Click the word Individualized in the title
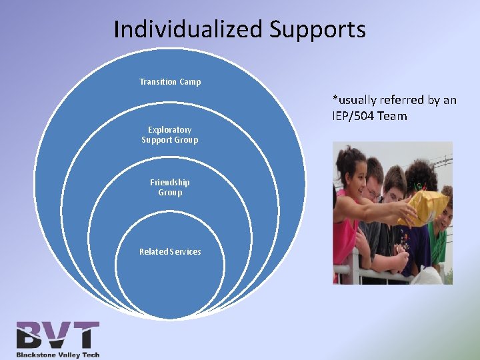tap(188, 30)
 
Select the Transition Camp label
tap(170, 82)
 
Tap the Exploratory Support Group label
tap(170, 135)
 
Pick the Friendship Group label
tap(170, 187)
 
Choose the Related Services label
tap(170, 251)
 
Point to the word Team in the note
tap(394, 117)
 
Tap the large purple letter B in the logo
tap(33, 335)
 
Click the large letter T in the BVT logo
tap(86, 335)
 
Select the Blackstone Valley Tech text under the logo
tap(58, 354)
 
